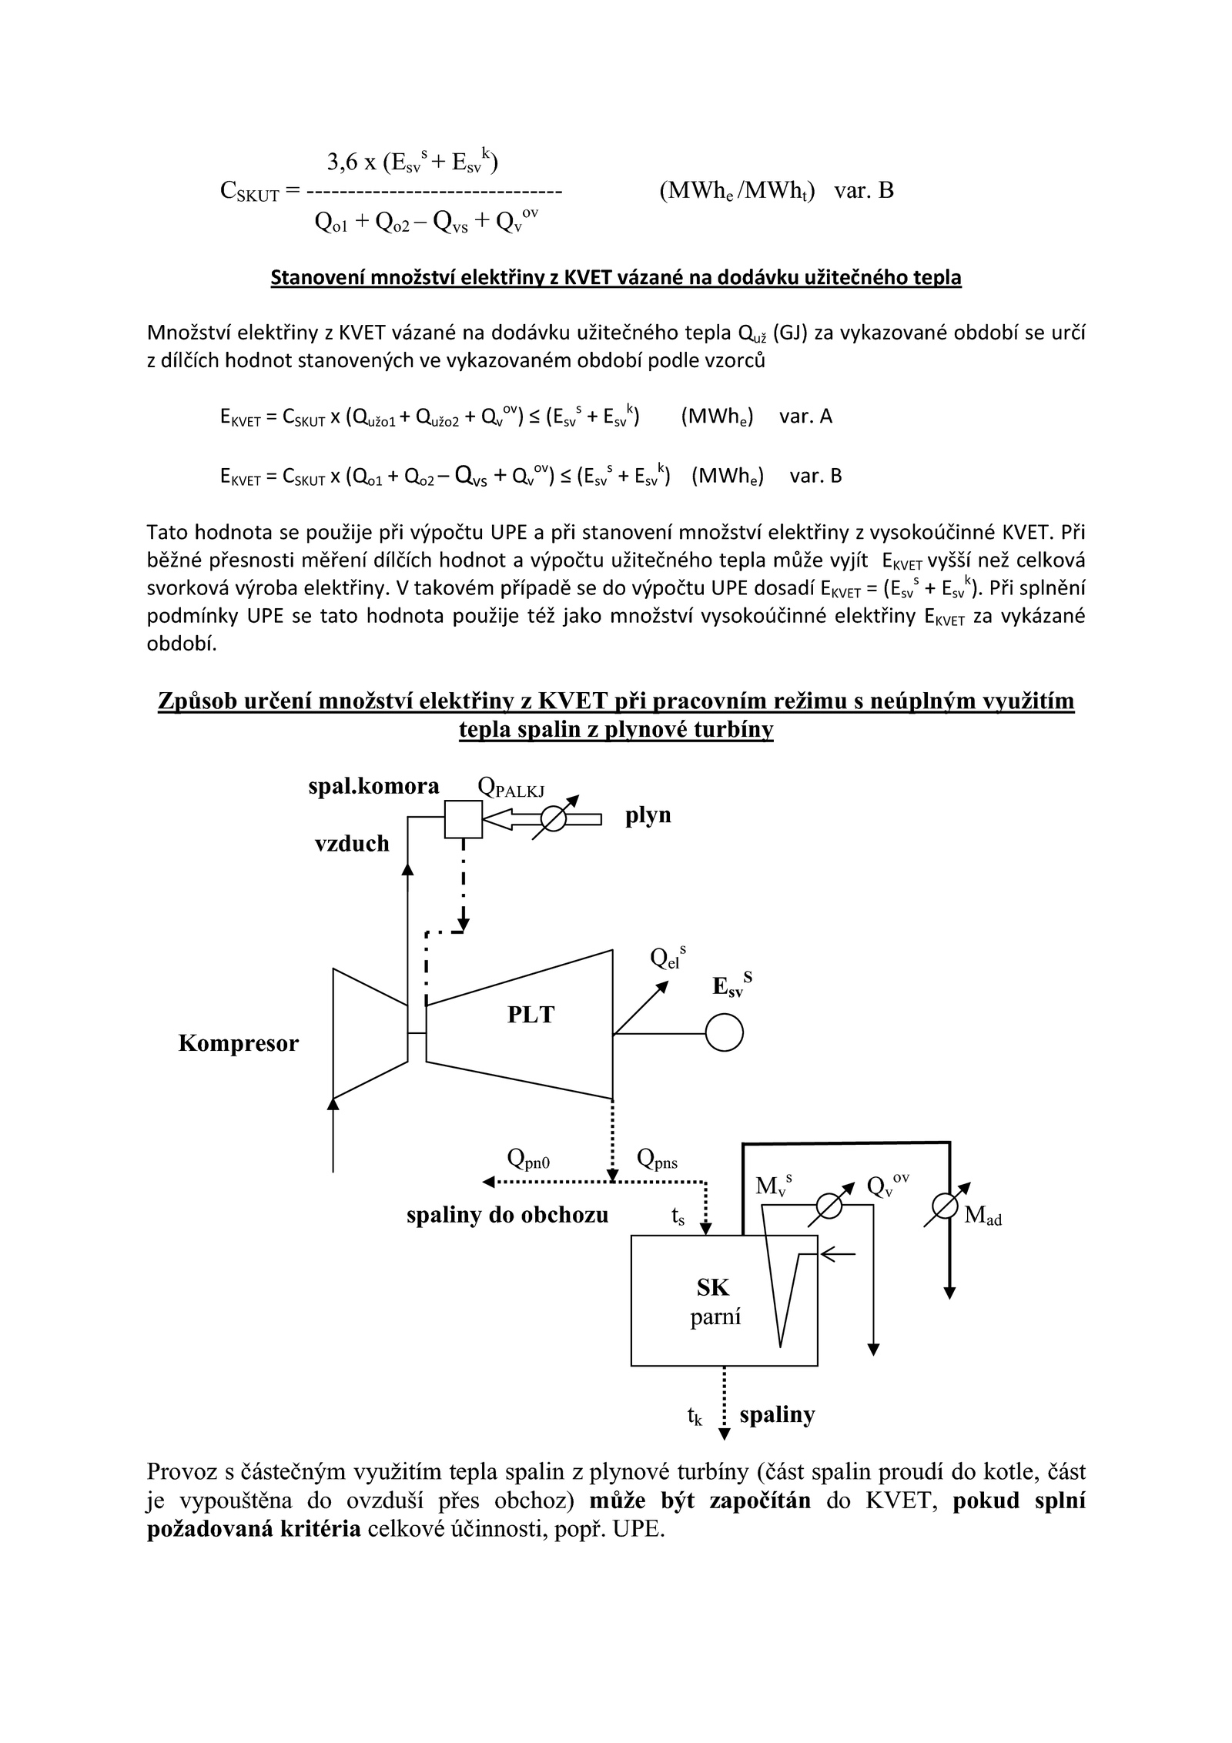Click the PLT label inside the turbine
coord(531,1015)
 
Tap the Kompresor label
coord(239,1044)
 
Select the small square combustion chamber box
coord(464,819)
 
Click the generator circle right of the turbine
coord(724,1033)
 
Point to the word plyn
coord(648,815)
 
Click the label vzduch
coord(352,845)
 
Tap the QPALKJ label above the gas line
coord(511,787)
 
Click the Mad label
coord(983,1216)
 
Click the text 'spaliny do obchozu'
coord(507,1216)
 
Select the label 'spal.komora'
coord(373,786)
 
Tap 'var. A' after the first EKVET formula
coord(805,417)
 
